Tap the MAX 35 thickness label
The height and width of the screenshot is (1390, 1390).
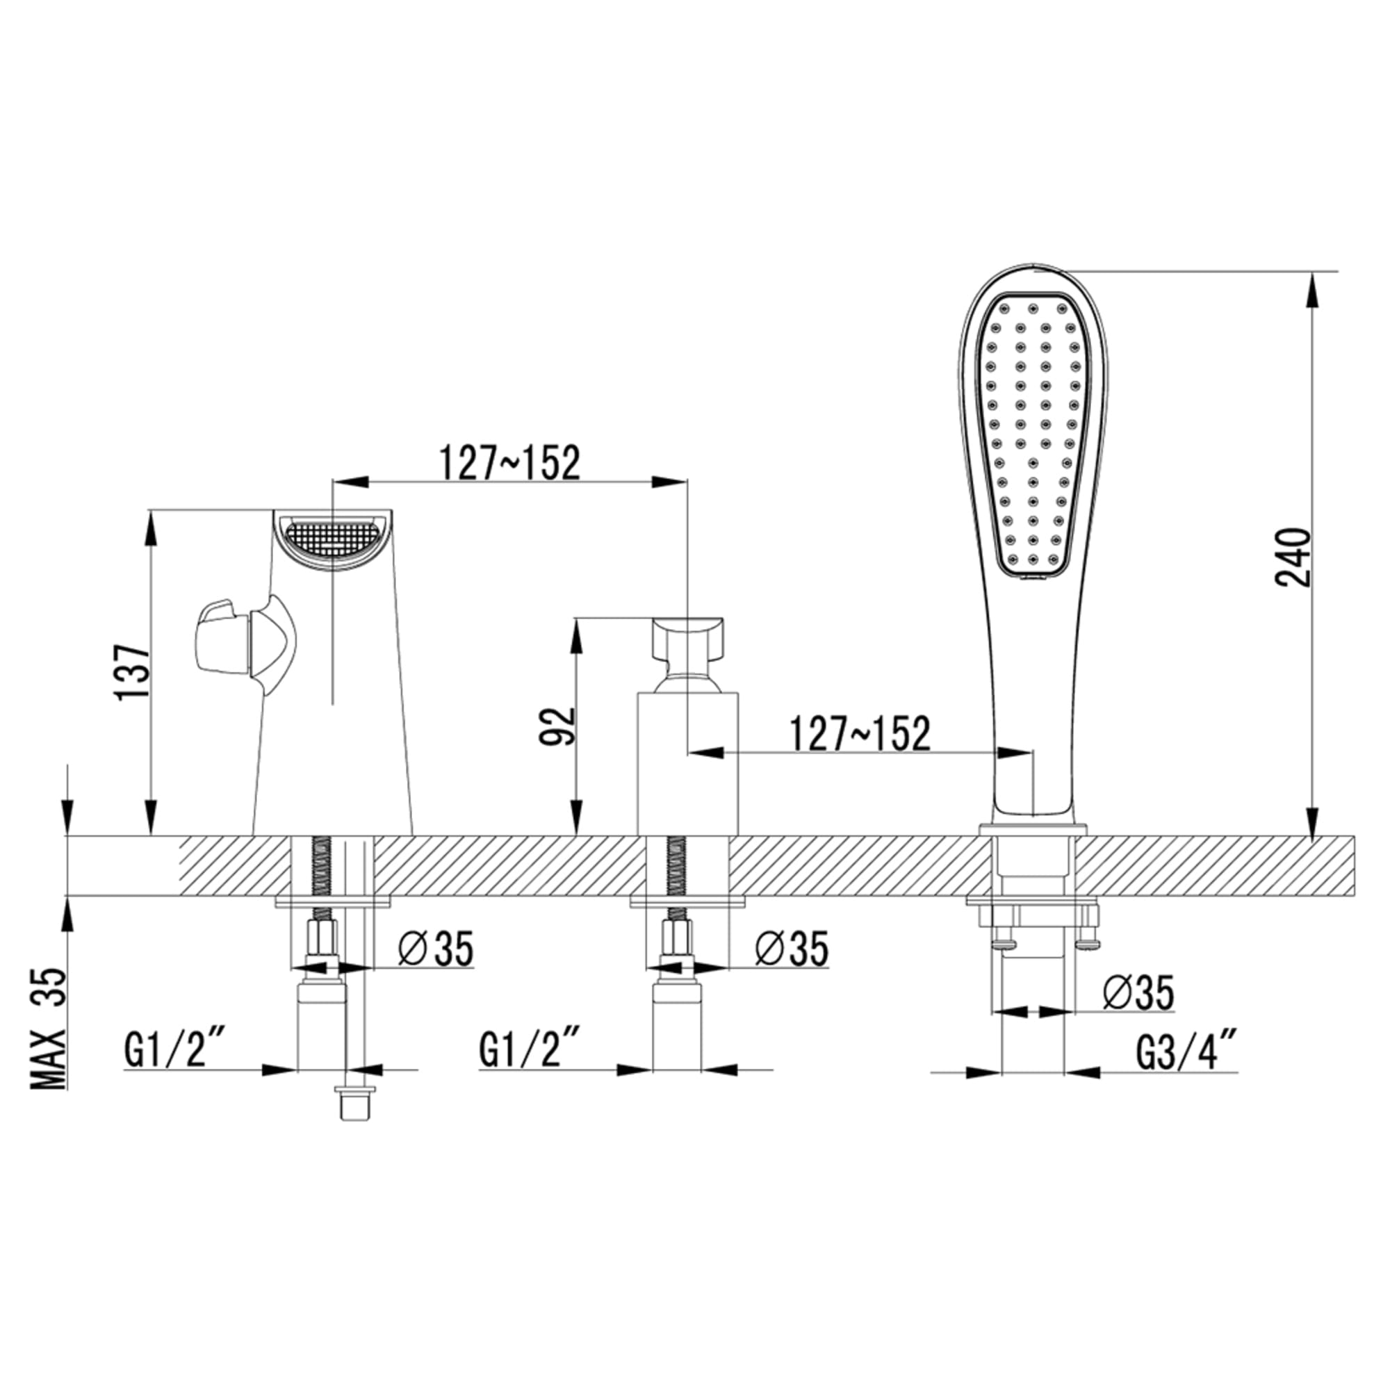click(x=47, y=1029)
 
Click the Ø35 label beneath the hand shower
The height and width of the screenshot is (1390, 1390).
click(x=1138, y=992)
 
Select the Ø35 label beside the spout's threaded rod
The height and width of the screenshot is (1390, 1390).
click(x=435, y=947)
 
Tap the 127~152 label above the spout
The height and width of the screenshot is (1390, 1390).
click(x=509, y=464)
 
